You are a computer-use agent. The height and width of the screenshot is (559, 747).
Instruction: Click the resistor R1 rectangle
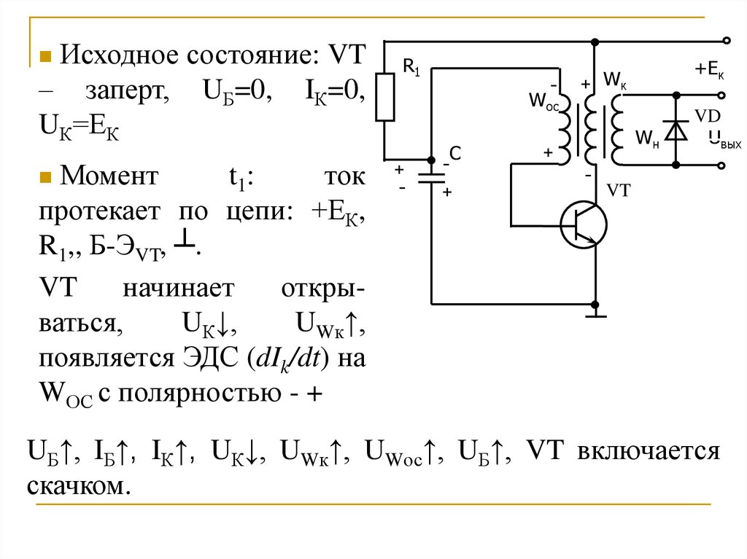coord(385,97)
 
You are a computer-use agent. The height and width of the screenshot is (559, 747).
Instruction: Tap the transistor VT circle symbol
coord(584,226)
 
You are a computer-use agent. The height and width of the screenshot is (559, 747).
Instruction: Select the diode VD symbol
coord(678,130)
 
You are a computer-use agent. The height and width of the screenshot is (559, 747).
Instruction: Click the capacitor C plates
coord(431,179)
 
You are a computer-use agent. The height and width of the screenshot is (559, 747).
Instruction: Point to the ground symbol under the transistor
coord(596,315)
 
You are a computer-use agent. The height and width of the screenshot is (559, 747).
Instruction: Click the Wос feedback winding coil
coord(563,122)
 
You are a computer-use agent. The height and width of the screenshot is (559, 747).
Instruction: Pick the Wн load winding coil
coord(618,130)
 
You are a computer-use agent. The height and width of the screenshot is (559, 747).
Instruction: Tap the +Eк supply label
coord(708,71)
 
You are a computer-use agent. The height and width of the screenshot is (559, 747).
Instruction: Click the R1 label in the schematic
coord(411,69)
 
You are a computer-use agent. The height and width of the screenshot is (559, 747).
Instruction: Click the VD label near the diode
coord(707,117)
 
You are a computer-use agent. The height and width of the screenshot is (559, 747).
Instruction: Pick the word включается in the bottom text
coord(648,452)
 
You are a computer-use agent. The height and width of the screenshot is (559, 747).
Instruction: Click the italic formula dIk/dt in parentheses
coord(286,360)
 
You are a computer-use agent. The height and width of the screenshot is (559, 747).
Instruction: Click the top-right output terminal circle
coord(725,41)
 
